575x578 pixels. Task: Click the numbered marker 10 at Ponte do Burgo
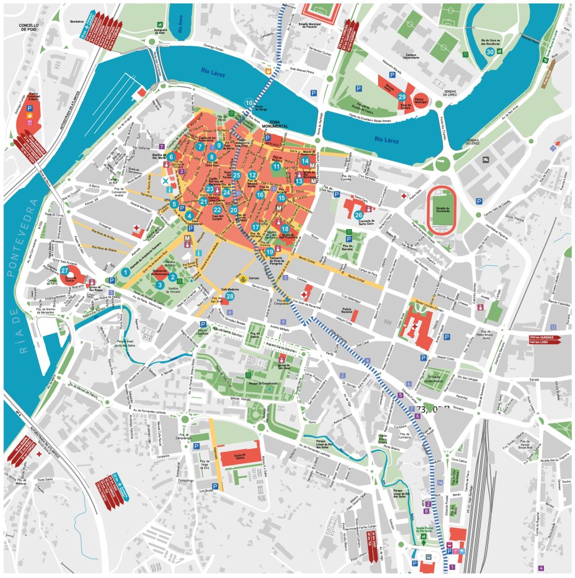pos(249,103)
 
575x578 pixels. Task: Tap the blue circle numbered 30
pos(490,52)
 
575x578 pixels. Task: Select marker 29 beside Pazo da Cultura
pos(402,97)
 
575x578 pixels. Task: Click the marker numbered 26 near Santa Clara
pos(358,214)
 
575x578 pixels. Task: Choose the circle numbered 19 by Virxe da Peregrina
pos(270,252)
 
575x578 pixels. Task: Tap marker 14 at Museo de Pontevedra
pos(305,161)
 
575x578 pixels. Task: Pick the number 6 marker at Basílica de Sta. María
pos(171,156)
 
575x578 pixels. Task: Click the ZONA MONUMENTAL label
pos(279,124)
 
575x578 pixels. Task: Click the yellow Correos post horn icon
pos(240,279)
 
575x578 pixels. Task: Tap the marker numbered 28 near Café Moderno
pos(230,296)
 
